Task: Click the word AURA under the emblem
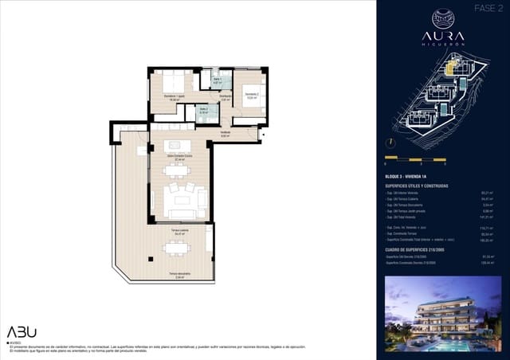(x=443, y=37)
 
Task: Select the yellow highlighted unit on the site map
(x=450, y=68)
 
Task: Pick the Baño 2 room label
(x=204, y=111)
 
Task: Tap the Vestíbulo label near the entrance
(x=226, y=133)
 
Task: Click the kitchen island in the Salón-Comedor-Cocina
(x=177, y=146)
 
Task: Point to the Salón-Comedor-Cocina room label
(x=180, y=158)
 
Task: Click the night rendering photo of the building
(x=442, y=314)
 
